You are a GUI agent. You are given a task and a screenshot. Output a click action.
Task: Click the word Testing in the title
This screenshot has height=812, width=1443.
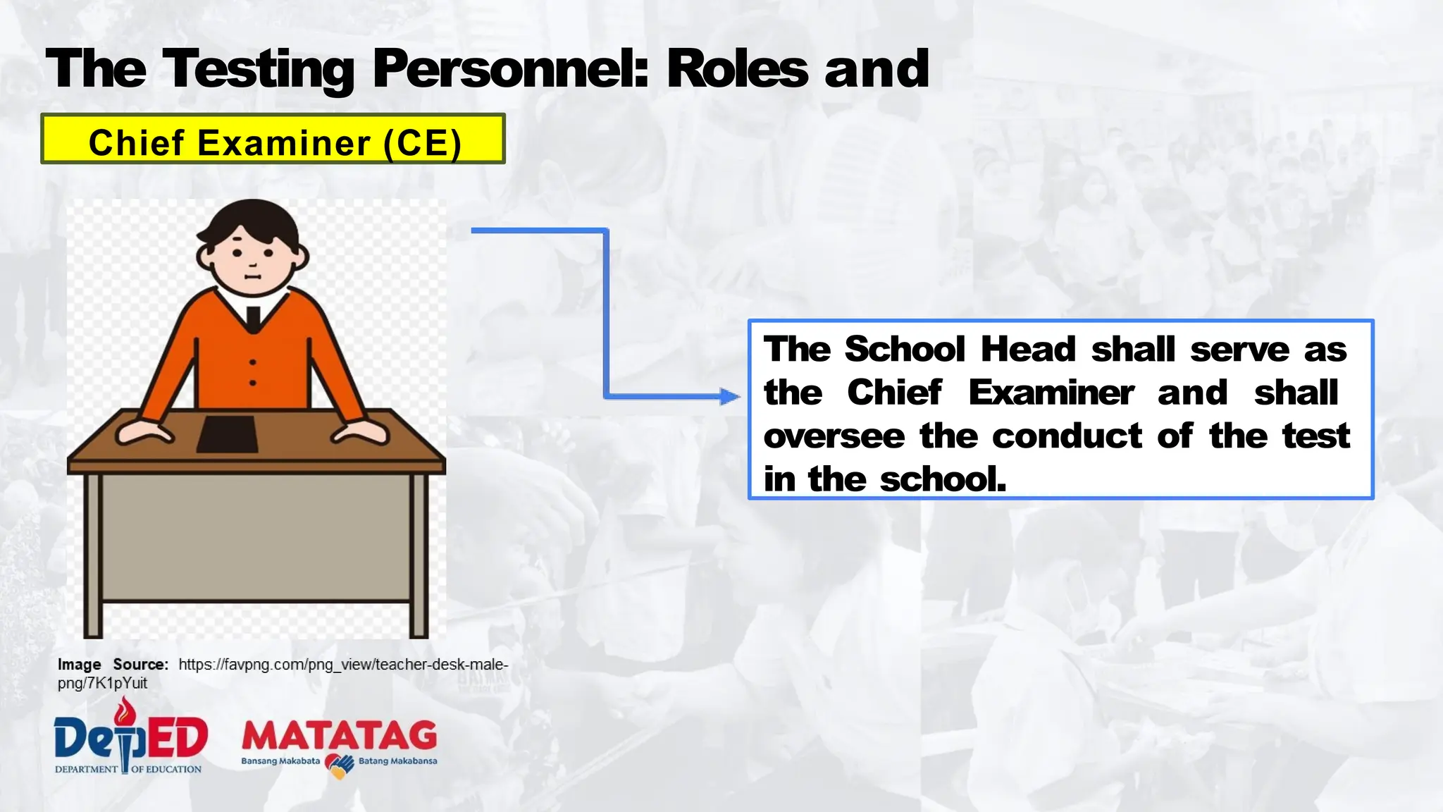pos(258,70)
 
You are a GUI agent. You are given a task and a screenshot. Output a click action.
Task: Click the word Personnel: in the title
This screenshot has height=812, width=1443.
pos(510,70)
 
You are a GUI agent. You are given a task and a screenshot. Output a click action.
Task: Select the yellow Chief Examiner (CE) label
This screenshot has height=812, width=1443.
pos(273,140)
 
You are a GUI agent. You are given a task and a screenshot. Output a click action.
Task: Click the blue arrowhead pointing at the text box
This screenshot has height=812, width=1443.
pos(730,396)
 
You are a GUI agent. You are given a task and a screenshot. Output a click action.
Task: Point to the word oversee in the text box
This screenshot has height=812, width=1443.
pos(834,436)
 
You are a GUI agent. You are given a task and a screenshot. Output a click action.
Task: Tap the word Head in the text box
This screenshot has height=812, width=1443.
pos(1028,350)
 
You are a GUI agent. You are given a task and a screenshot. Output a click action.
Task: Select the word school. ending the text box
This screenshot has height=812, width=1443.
pos(943,480)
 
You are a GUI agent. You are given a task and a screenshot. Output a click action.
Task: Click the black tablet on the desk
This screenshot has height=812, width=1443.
pos(227,434)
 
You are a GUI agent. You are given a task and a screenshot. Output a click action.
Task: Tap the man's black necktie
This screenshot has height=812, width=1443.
pos(253,319)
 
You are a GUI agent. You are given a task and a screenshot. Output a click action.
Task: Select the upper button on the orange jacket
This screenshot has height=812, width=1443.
pos(253,362)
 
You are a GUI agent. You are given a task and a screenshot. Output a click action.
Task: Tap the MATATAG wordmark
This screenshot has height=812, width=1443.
pos(339,737)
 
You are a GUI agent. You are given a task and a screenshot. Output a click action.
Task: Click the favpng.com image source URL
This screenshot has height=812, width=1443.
pos(342,665)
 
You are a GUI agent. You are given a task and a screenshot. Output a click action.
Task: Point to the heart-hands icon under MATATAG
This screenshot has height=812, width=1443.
pos(339,765)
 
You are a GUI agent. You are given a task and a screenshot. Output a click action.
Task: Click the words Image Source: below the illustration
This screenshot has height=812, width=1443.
pos(113,665)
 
